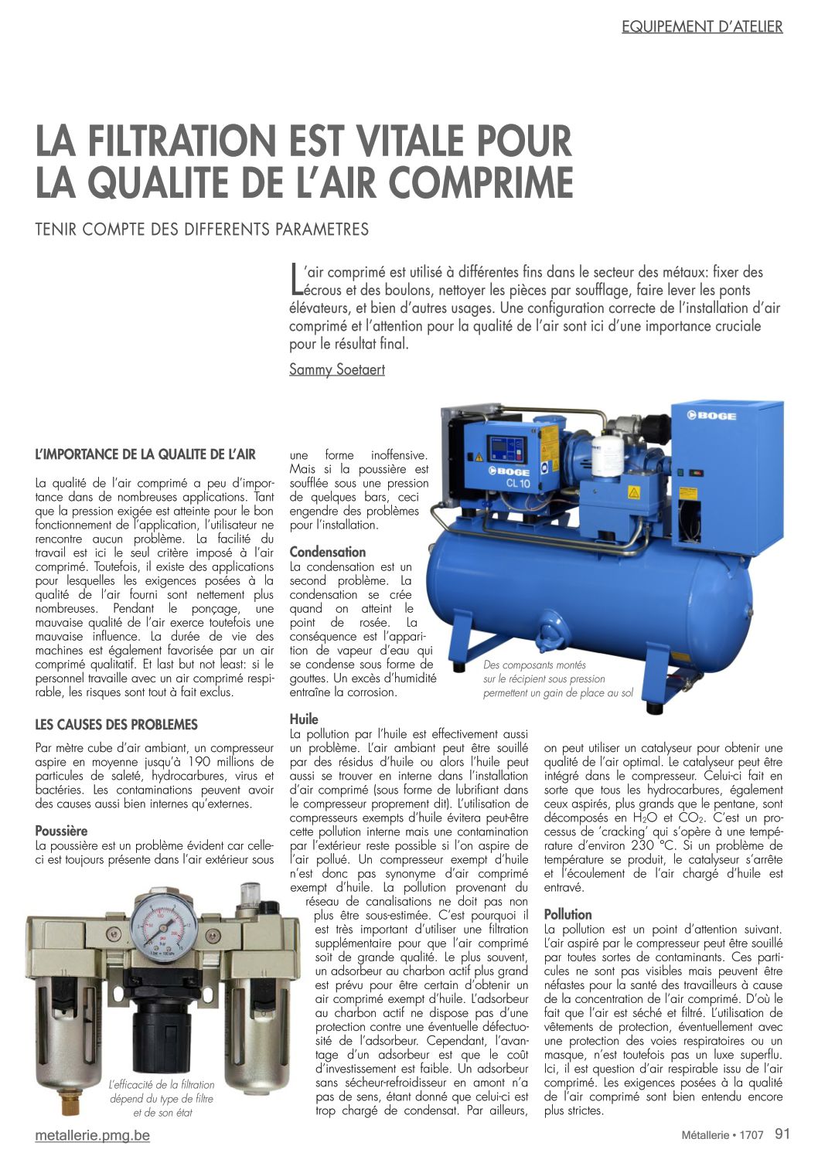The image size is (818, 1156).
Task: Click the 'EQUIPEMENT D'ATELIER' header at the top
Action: click(x=702, y=27)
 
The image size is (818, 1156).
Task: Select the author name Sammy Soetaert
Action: click(x=336, y=369)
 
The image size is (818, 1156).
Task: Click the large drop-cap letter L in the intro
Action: click(x=295, y=280)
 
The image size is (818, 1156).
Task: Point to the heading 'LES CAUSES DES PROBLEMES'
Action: click(x=116, y=725)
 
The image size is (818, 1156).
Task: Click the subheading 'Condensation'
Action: click(x=327, y=552)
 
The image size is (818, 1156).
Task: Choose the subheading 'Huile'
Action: click(x=304, y=719)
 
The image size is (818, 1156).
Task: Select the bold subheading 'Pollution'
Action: click(x=567, y=914)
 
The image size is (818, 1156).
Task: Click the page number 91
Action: click(x=782, y=1134)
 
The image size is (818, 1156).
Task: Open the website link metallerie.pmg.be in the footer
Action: click(x=93, y=1135)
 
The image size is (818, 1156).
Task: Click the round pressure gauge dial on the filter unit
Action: click(x=158, y=923)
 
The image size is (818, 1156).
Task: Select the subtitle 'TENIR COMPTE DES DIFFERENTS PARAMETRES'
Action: click(x=202, y=229)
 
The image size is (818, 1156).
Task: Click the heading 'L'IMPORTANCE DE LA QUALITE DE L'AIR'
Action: click(x=145, y=454)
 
